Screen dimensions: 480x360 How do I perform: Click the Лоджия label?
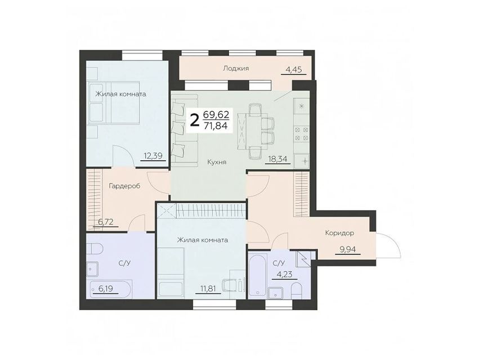pos(236,68)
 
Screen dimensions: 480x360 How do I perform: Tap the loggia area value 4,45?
pos(294,70)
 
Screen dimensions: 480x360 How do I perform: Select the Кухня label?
pos(217,162)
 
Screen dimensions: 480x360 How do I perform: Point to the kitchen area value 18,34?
pos(277,159)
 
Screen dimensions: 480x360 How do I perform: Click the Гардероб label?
pos(124,186)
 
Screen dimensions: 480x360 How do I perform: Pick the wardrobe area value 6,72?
pos(106,222)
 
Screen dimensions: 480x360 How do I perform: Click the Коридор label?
pos(339,233)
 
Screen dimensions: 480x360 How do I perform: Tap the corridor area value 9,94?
pos(348,250)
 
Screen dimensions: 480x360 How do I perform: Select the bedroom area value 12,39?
pos(153,156)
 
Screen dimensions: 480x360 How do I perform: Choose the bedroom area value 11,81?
pos(208,289)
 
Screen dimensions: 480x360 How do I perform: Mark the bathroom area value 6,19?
pos(106,289)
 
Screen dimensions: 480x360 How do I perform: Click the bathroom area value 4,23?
pos(284,274)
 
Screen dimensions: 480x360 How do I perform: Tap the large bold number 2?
pos(194,120)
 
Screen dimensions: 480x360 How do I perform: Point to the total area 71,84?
pos(216,125)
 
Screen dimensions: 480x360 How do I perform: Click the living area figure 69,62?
pos(216,115)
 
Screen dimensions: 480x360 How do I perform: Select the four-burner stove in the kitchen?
pos(301,134)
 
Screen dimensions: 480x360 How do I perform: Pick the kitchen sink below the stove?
pos(302,161)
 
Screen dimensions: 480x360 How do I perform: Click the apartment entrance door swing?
pos(388,245)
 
